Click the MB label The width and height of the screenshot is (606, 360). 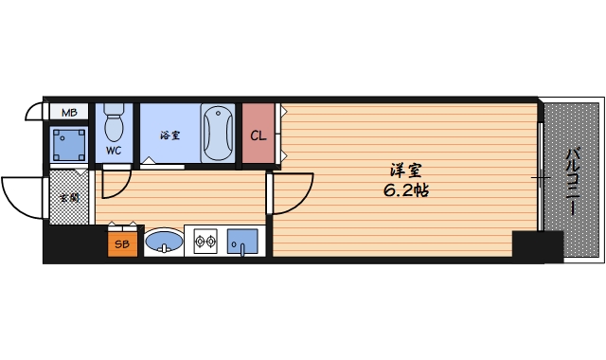click(x=68, y=113)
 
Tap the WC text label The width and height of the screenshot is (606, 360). click(x=114, y=150)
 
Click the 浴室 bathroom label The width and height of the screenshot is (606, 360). click(x=169, y=135)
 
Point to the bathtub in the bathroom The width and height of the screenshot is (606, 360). click(x=218, y=133)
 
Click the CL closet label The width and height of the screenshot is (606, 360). click(x=258, y=135)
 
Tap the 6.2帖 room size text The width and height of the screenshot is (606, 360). click(x=407, y=189)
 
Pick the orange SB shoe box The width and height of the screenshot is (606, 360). click(x=122, y=243)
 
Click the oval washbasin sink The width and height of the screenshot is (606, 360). click(x=164, y=242)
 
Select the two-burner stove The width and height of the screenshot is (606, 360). click(x=205, y=243)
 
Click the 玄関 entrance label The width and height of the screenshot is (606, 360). click(x=68, y=198)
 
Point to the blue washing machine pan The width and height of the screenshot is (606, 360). click(x=70, y=143)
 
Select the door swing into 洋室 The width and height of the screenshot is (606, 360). click(x=289, y=194)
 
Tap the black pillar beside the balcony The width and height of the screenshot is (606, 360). click(x=537, y=245)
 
